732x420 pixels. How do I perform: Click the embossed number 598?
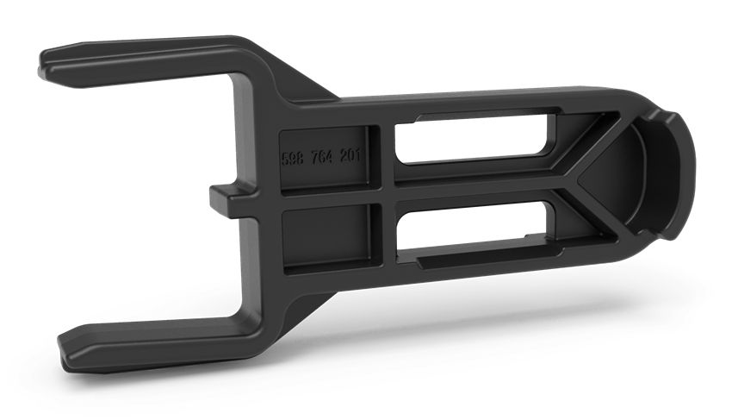295,160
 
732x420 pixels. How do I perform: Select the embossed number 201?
353,157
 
